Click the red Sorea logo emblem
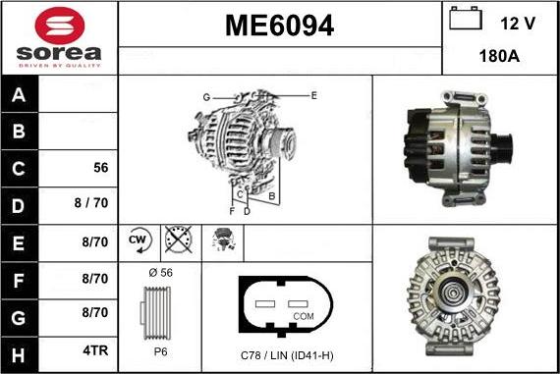point(60,26)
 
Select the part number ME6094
point(280,26)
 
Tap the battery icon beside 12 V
point(466,19)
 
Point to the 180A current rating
point(499,56)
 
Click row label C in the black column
point(19,169)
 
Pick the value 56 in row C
point(101,168)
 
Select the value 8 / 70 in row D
point(91,202)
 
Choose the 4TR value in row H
point(95,350)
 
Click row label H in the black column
point(19,355)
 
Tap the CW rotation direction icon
point(140,240)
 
